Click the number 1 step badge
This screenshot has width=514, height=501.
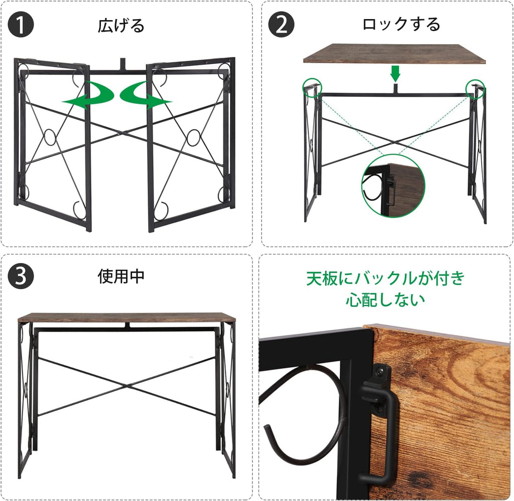(x=21, y=25)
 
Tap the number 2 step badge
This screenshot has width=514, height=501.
(x=281, y=25)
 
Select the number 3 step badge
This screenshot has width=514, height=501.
(x=21, y=276)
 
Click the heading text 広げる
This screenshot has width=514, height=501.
(x=121, y=26)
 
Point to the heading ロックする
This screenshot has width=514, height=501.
(x=401, y=25)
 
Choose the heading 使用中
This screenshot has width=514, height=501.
(x=121, y=276)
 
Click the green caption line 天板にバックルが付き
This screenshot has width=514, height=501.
(x=385, y=279)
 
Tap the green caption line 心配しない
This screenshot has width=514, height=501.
(x=385, y=299)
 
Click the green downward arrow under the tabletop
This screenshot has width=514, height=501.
(x=396, y=74)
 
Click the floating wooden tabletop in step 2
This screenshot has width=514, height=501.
(x=394, y=53)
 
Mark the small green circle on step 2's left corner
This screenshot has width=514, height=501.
(x=312, y=88)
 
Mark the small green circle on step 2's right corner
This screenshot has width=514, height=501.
(x=475, y=88)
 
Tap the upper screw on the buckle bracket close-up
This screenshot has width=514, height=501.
(x=381, y=371)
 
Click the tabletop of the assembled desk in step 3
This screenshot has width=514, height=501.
(x=126, y=317)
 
